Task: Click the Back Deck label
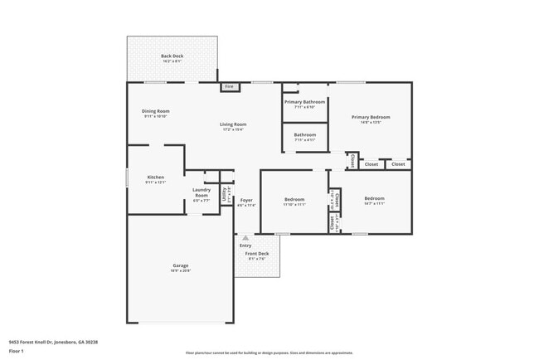click(172, 56)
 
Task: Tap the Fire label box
click(230, 86)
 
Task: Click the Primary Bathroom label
click(304, 102)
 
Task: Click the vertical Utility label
click(225, 195)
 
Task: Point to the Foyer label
click(246, 201)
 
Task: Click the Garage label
click(180, 266)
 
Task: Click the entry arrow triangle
click(245, 238)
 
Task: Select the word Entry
click(245, 246)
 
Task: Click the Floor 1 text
click(16, 351)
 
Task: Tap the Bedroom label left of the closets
click(294, 199)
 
